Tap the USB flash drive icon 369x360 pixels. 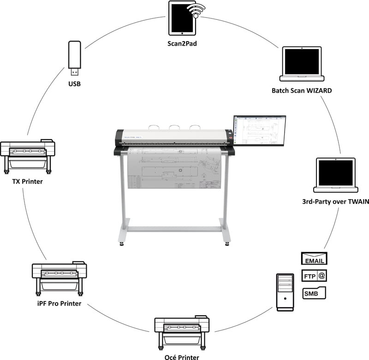[x=75, y=58]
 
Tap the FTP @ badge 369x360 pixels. [x=314, y=276]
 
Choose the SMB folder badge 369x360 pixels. [x=314, y=293]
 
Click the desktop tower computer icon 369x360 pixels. [x=285, y=291]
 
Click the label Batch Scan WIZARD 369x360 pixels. [x=302, y=90]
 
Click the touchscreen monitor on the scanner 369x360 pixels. [x=260, y=130]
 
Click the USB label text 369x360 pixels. [x=75, y=84]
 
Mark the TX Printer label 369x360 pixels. [x=27, y=181]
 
